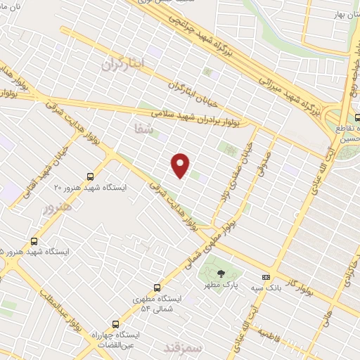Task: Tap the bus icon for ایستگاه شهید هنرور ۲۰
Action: click(x=90, y=176)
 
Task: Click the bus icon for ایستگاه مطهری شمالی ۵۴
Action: click(x=156, y=288)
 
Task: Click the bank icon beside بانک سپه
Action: click(x=265, y=277)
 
